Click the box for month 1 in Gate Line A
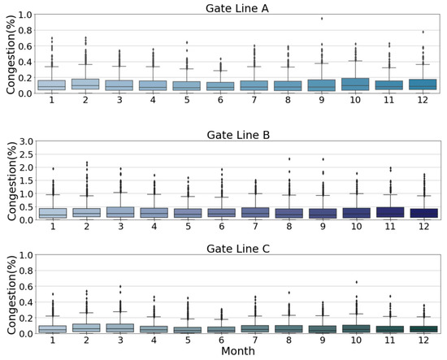pos(52,85)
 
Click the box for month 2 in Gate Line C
pos(86,327)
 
